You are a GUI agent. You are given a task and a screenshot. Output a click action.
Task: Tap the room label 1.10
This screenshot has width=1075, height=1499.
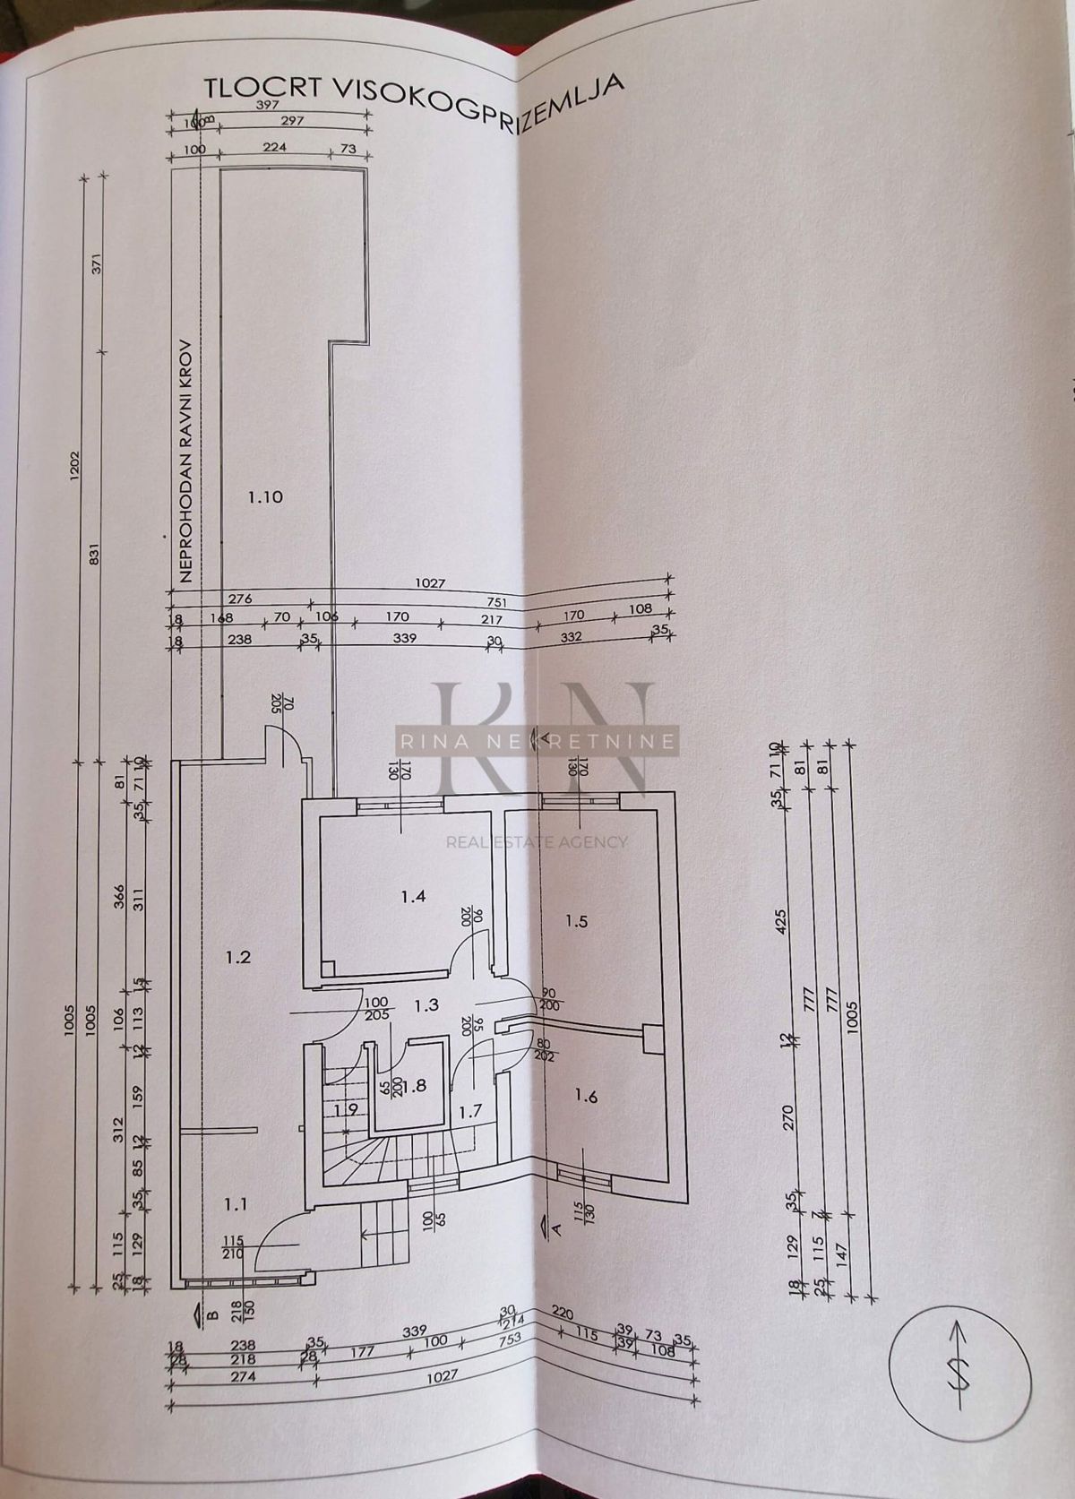coord(265,496)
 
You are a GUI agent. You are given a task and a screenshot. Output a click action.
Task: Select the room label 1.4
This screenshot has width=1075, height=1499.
coord(413,895)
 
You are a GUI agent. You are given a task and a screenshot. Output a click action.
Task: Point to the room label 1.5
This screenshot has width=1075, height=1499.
coord(576,920)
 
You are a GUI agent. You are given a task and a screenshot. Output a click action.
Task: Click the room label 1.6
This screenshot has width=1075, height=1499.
coord(585,1095)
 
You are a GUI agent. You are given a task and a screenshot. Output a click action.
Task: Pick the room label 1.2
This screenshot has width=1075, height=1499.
coord(237,957)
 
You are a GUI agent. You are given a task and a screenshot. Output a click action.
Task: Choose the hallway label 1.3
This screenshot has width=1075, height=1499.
coord(426,1005)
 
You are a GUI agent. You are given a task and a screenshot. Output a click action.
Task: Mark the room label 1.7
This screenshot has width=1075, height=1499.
coord(471,1112)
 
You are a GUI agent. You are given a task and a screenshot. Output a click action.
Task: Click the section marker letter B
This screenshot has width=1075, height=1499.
coord(211,1316)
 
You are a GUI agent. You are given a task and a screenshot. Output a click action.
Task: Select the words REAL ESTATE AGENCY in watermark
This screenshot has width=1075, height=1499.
coord(537,841)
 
